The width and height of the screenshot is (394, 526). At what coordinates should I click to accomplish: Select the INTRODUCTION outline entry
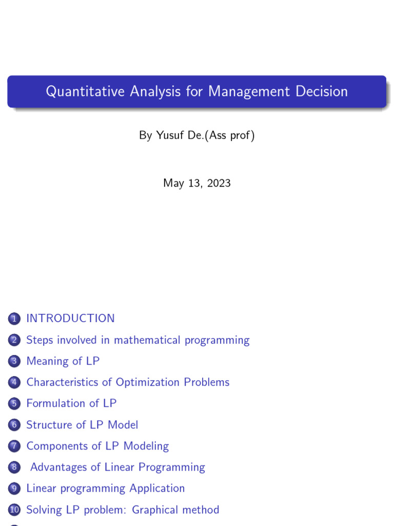(x=70, y=318)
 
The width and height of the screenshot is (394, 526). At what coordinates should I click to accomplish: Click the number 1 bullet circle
(x=14, y=319)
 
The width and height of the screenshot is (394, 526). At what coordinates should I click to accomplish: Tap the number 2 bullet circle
(x=14, y=340)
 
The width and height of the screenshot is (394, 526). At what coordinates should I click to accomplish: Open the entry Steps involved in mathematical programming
(x=137, y=340)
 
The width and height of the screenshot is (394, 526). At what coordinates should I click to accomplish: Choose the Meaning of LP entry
(x=63, y=361)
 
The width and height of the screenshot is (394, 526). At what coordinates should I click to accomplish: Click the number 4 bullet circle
(x=14, y=383)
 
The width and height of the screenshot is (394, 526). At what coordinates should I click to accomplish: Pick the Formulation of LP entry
(x=71, y=404)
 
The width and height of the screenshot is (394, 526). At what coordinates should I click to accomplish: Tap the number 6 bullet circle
(x=14, y=425)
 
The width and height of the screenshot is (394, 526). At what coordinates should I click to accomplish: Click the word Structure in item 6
(x=49, y=425)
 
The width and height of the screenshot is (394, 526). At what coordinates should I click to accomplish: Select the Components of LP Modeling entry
(x=97, y=446)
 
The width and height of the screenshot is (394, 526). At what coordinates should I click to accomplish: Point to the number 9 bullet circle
(x=14, y=489)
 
